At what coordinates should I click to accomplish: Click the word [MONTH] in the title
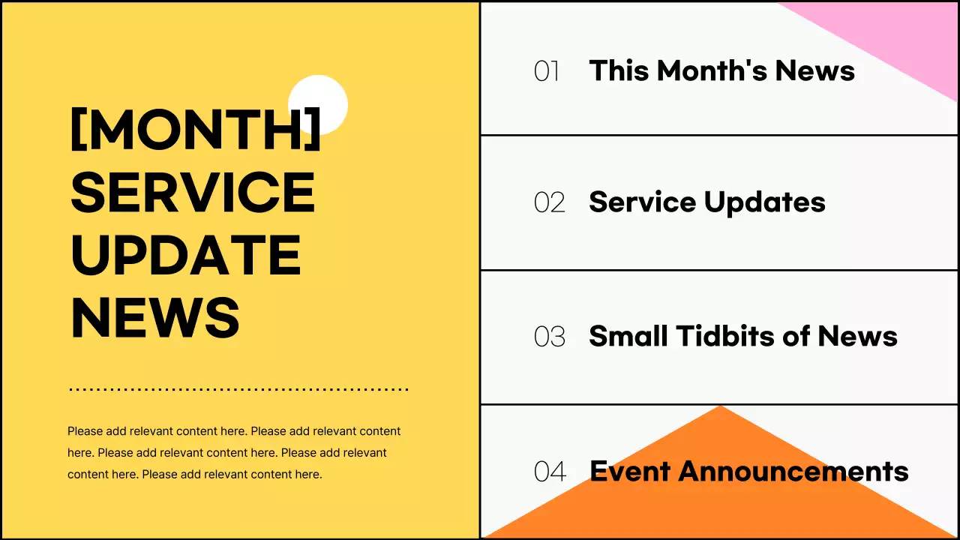point(196,129)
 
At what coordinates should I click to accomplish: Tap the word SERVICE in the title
point(193,192)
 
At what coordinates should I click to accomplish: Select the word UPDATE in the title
point(186,255)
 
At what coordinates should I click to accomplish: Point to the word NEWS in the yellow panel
point(155,317)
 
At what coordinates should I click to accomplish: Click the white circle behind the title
point(317,104)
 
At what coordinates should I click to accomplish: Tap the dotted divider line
point(238,389)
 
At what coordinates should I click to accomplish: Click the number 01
point(547,71)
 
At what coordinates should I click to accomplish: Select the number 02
point(550,202)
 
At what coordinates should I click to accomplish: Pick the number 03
point(550,337)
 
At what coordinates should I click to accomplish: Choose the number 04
point(550,472)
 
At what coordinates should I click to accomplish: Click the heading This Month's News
point(722,70)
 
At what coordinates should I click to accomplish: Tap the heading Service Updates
point(707,202)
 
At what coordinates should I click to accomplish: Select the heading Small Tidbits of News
point(743,335)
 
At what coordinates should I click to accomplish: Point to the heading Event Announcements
point(749,471)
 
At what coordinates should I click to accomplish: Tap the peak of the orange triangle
point(721,406)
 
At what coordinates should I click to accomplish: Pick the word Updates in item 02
point(764,202)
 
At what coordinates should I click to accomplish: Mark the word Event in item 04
point(630,471)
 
